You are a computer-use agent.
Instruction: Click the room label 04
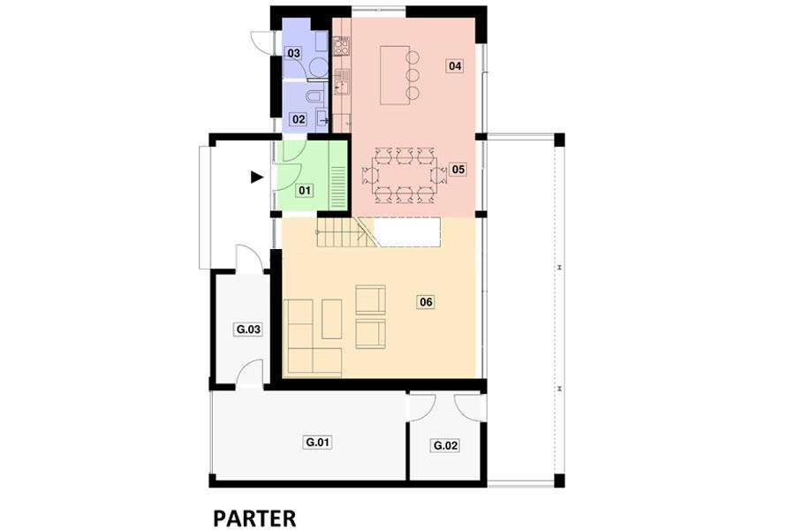click(455, 65)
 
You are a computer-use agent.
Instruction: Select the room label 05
click(458, 169)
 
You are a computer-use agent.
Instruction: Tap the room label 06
click(426, 302)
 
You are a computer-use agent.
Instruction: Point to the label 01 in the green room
click(304, 191)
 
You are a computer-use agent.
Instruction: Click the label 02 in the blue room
click(299, 119)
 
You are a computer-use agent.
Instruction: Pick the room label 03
click(293, 53)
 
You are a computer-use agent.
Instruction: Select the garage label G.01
click(318, 443)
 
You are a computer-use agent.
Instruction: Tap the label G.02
click(445, 446)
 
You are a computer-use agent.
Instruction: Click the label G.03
click(248, 329)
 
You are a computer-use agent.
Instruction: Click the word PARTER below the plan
click(254, 519)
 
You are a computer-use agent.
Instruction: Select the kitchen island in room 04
click(395, 75)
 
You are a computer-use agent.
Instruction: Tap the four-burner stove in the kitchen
click(341, 47)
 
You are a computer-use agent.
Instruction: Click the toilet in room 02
click(314, 95)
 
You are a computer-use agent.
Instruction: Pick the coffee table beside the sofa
click(331, 319)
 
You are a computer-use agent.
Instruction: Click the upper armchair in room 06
click(370, 299)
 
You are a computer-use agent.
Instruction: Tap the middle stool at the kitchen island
click(413, 75)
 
